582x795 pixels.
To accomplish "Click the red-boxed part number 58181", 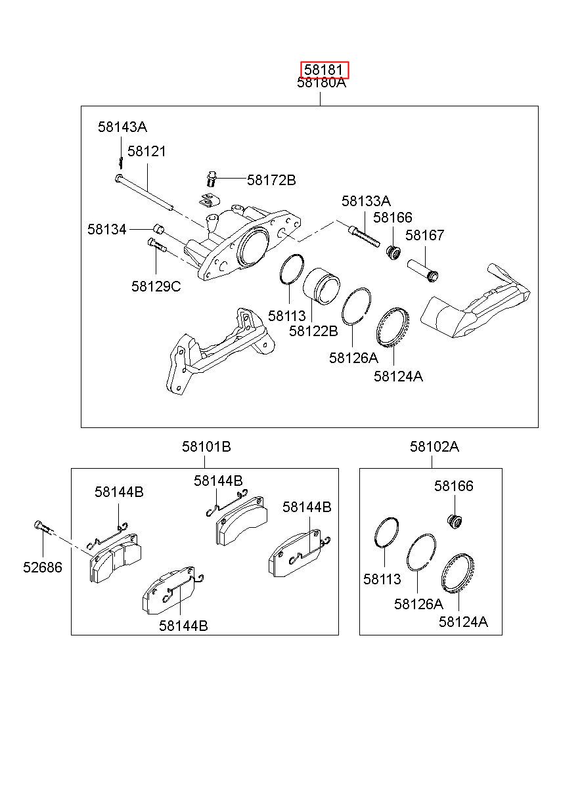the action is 325,70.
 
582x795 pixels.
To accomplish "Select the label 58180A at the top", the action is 321,83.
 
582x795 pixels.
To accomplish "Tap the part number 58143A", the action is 122,127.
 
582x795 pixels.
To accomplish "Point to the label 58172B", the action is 271,181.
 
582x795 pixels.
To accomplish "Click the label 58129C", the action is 156,286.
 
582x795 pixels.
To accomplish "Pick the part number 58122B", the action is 313,331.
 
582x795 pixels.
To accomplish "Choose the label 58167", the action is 425,235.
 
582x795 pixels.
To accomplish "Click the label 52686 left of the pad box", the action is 43,567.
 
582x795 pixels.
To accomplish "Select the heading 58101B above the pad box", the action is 206,446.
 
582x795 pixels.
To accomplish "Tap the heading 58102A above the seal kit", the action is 434,446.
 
